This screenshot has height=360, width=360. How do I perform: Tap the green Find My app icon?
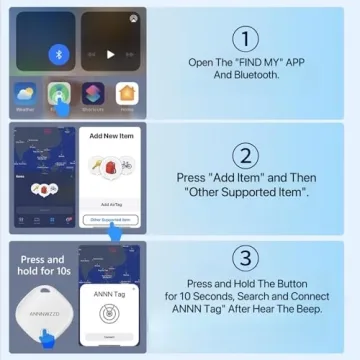[x=61, y=92]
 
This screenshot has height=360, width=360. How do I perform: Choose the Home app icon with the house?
[x=127, y=93]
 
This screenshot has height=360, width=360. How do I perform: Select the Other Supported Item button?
[x=110, y=218]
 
